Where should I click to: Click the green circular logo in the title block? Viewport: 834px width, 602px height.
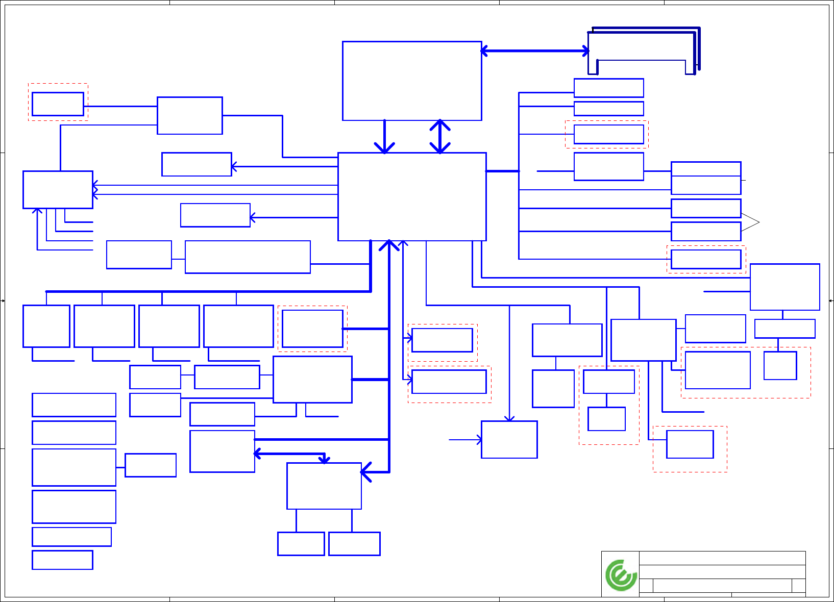621,575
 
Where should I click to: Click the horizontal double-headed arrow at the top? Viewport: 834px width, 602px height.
535,51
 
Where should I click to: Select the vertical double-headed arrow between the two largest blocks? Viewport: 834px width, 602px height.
440,136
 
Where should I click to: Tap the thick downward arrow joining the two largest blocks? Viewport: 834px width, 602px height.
384,137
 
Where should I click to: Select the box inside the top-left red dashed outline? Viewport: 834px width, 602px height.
58,104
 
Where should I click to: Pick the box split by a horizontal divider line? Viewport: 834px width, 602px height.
706,178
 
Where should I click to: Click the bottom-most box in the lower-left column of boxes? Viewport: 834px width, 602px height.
62,560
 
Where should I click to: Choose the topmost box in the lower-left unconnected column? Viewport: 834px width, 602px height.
74,405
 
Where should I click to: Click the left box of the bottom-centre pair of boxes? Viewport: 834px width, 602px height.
301,543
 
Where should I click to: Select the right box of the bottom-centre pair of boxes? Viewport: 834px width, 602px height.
354,543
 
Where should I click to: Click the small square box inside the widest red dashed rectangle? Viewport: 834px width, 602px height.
780,365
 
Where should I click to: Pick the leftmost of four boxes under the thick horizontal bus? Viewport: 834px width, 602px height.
46,326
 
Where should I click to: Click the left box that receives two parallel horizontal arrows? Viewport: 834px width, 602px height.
58,190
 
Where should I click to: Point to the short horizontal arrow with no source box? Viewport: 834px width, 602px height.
465,440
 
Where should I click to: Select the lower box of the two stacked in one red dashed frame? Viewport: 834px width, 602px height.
606,419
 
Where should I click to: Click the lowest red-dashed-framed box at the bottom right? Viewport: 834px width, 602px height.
690,444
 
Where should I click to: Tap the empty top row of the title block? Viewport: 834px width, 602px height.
722,558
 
